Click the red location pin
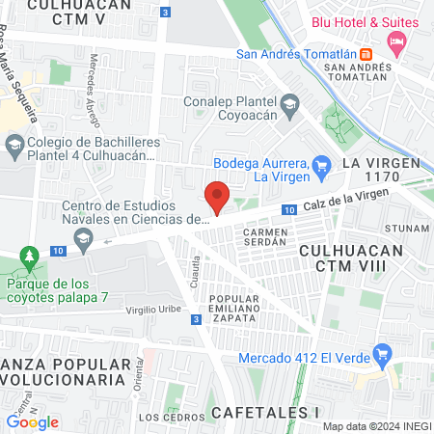217,197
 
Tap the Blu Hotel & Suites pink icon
394,41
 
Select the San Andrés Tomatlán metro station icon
366,52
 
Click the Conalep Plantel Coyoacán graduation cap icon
289,103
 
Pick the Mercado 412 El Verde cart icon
383,353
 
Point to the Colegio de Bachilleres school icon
14,147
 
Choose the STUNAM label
406,229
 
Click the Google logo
32,421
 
